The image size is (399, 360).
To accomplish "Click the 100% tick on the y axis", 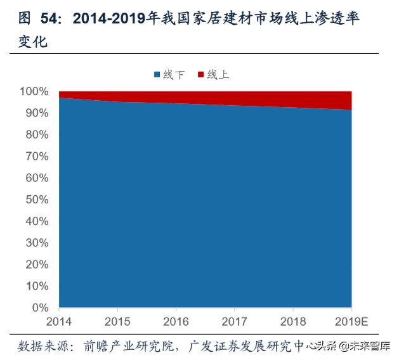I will coord(34,92).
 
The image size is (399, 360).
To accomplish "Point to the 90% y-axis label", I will coord(37,113).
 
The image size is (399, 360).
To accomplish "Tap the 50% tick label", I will coord(37,200).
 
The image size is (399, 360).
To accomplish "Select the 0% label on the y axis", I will coord(40,308).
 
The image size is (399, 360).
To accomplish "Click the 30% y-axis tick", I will coord(37,243).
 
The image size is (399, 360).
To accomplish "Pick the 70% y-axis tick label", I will coord(37,157).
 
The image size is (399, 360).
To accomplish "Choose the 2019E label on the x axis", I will coord(351,321).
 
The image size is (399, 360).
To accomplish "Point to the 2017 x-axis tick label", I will coord(233,321).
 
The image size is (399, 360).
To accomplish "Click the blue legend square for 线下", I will coord(157,75).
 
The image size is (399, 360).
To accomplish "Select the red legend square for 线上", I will coord(201,75).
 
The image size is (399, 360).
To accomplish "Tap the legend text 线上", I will coord(218,75).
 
